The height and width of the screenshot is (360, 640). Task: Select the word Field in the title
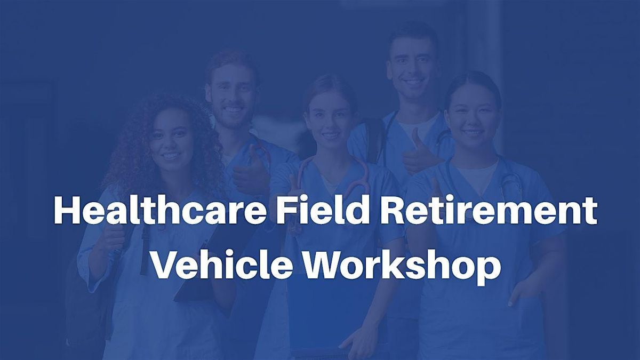click(322, 210)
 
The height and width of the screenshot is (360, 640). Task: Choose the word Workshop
click(402, 268)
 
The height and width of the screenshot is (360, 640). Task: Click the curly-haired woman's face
click(171, 139)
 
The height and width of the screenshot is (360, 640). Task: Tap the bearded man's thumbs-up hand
click(251, 171)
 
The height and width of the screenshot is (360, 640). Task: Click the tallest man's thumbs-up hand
click(419, 154)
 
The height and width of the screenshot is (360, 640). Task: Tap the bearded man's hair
click(232, 62)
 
